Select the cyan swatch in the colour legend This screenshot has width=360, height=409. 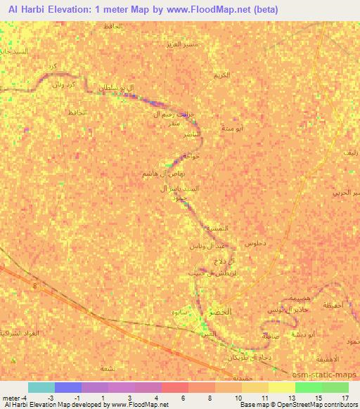click(41, 387)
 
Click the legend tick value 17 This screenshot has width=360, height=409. click(345, 398)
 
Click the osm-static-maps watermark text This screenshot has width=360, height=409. click(328, 373)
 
